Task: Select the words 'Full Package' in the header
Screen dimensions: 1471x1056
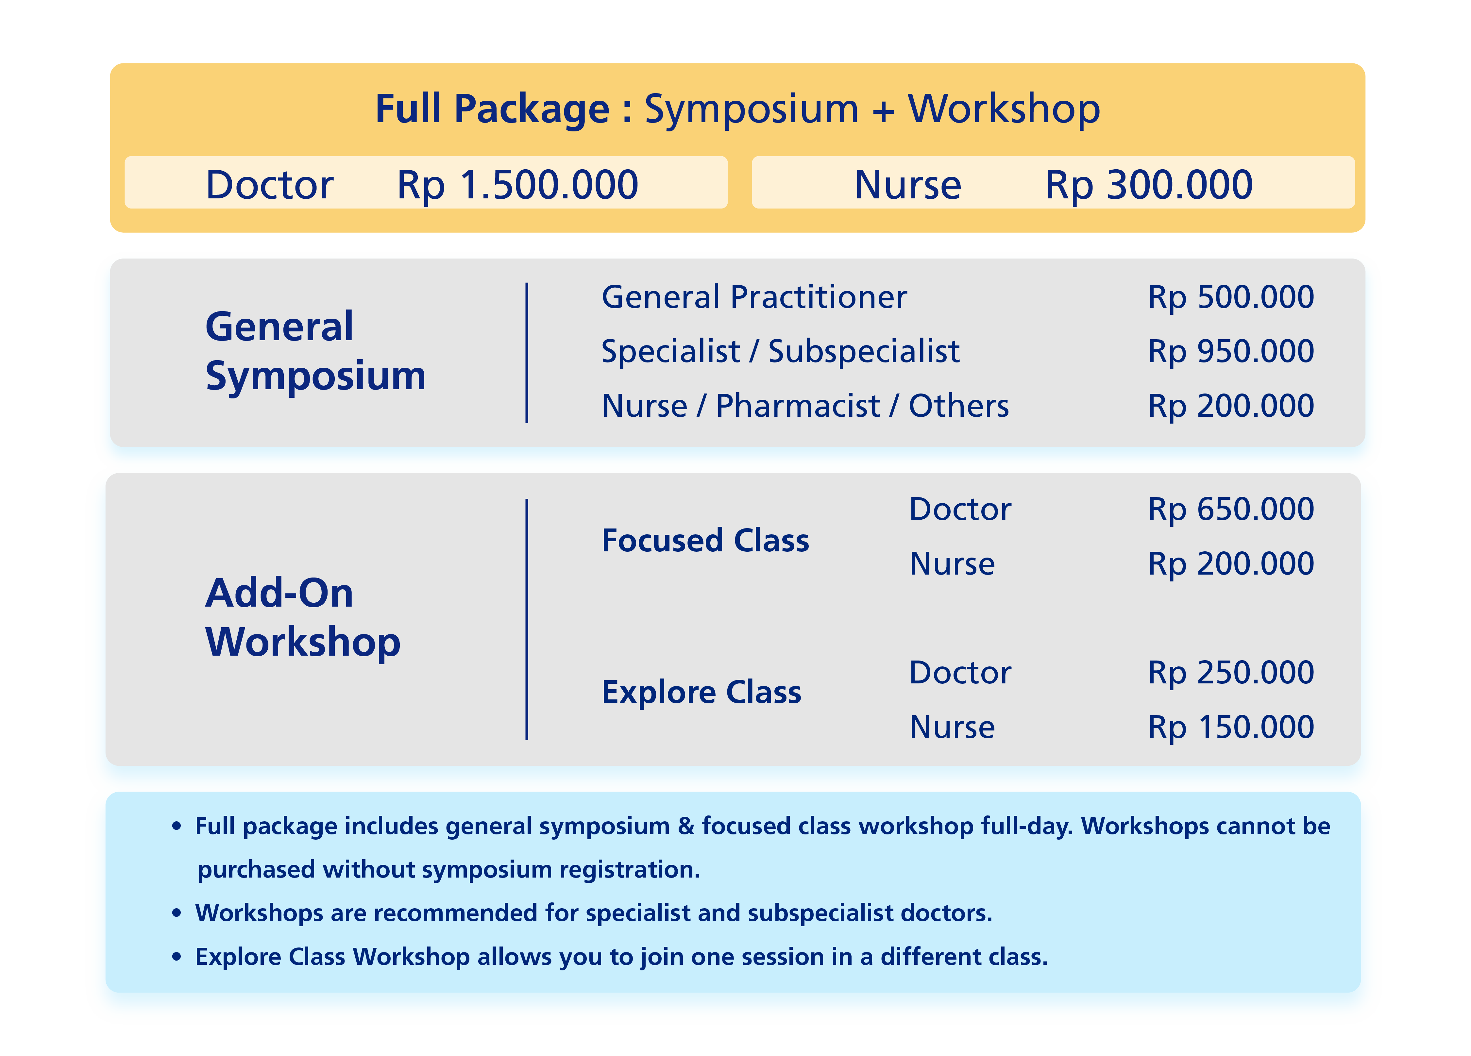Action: click(x=492, y=109)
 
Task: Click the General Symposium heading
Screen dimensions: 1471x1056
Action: click(x=315, y=351)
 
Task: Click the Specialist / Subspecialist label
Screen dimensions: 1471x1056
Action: click(x=780, y=352)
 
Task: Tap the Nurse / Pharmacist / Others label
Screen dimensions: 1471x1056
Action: click(x=805, y=406)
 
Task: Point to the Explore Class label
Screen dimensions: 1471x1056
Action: click(x=701, y=693)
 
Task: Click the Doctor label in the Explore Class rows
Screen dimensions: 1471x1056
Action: click(x=960, y=673)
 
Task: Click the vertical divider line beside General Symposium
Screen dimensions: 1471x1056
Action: click(x=527, y=353)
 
